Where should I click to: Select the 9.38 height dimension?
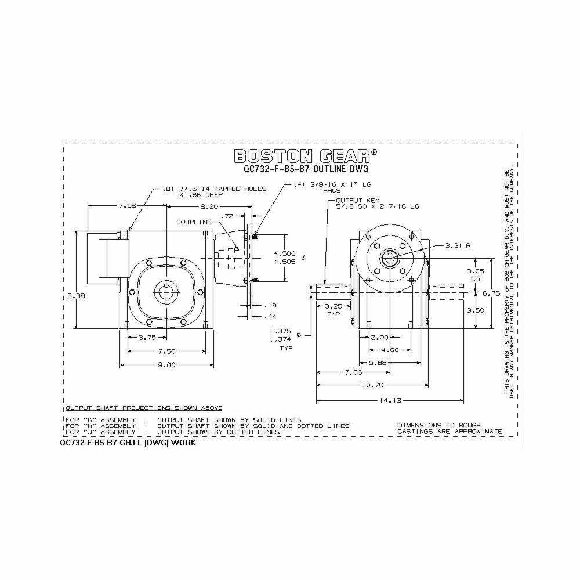click(x=71, y=295)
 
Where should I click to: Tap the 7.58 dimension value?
click(x=127, y=205)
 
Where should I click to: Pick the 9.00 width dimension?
click(x=166, y=365)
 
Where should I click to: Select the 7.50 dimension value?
click(x=166, y=351)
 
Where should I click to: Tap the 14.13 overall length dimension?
click(x=391, y=400)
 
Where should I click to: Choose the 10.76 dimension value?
click(x=372, y=385)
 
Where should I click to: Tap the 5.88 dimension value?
click(x=394, y=362)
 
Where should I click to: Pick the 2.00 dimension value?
click(x=380, y=337)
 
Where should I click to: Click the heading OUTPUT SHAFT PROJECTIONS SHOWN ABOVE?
click(x=144, y=408)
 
